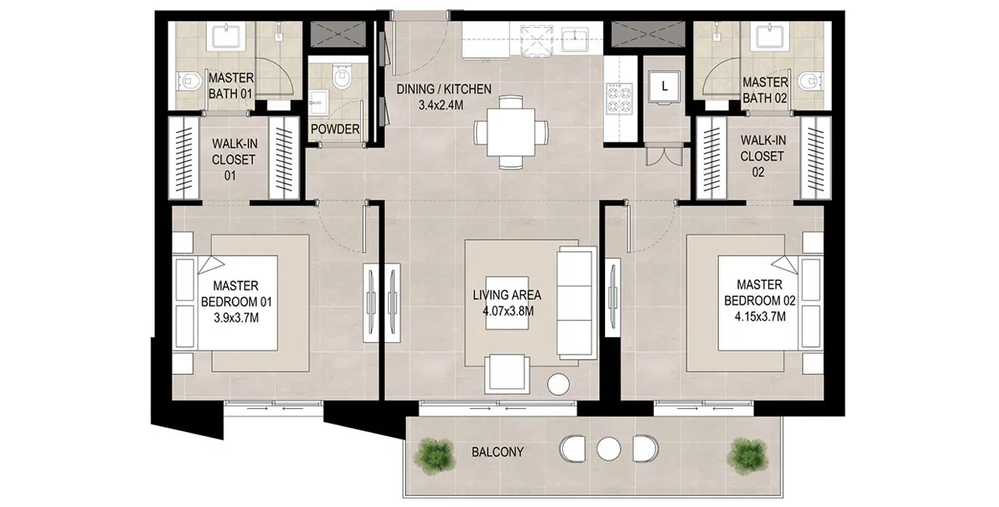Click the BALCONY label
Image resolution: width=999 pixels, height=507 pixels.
497,452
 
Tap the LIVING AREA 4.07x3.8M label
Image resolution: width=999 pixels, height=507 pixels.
507,303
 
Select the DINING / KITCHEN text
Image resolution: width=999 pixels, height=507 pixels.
443,89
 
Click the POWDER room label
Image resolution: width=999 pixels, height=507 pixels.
335,129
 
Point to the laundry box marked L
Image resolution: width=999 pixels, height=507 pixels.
663,87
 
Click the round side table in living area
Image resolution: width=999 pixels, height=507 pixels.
559,385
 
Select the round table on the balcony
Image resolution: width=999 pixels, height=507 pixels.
607,448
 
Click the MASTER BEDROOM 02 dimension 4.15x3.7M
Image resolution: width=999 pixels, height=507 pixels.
754,316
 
